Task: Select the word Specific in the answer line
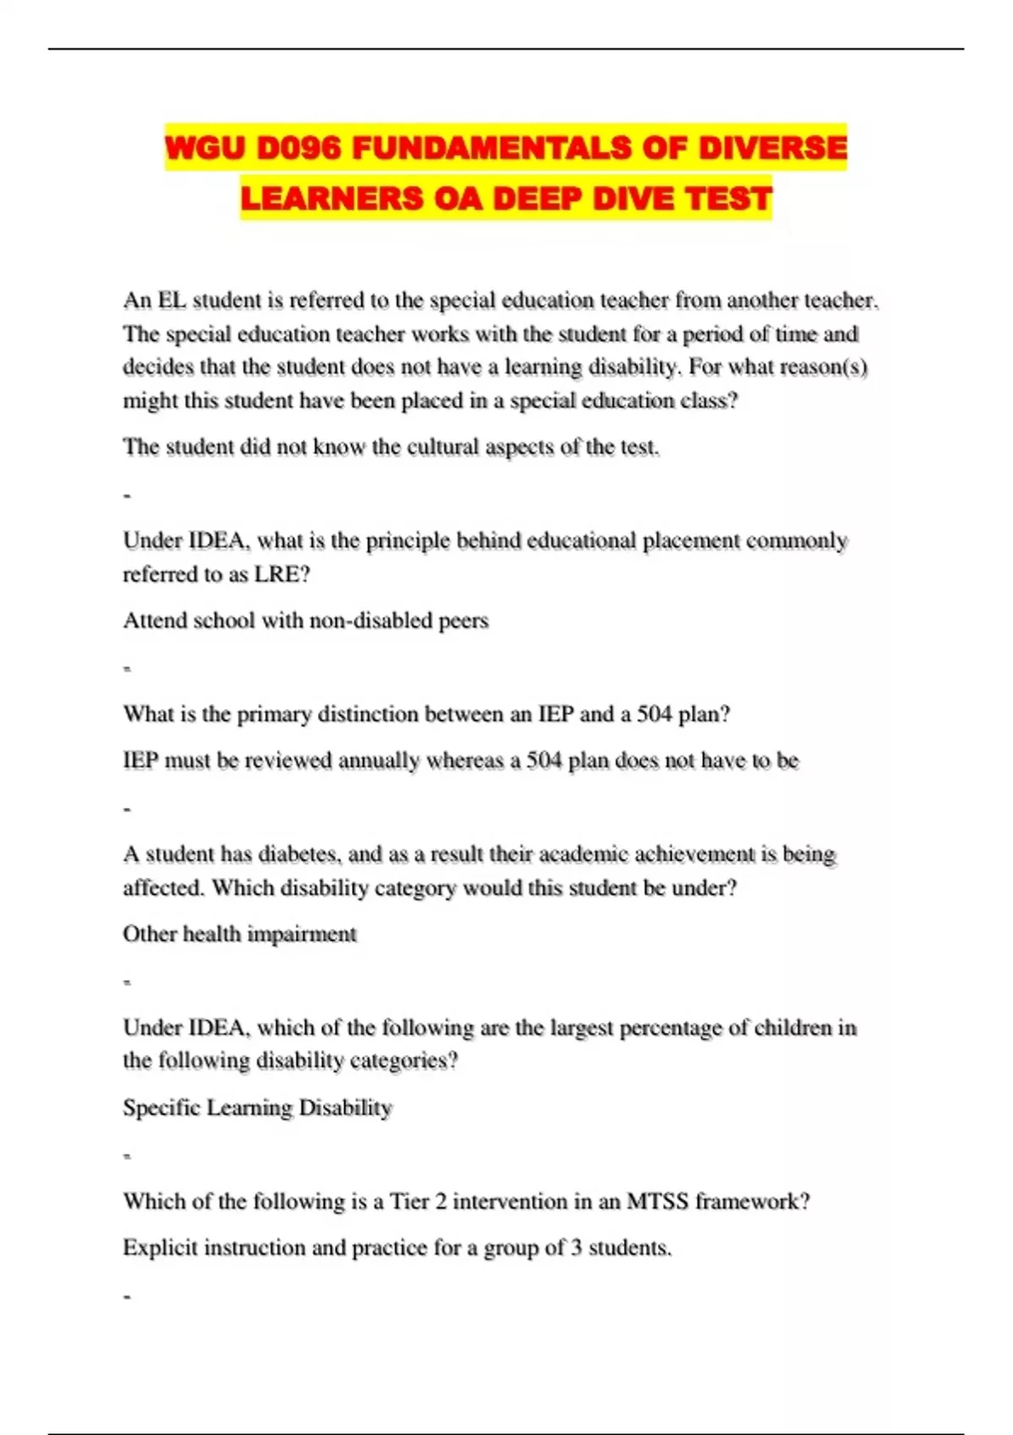click(x=161, y=1107)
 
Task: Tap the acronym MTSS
click(x=658, y=1201)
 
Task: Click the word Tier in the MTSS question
click(x=409, y=1201)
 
